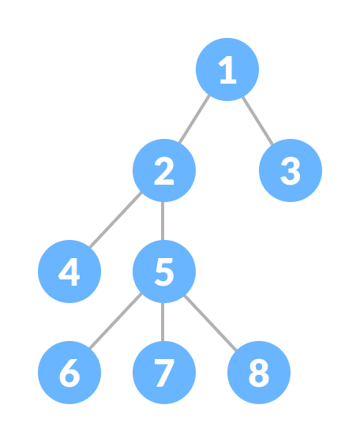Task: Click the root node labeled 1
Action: [227, 69]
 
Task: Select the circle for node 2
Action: [164, 170]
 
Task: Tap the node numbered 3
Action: [291, 170]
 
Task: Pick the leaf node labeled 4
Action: [69, 272]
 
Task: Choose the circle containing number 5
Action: [164, 272]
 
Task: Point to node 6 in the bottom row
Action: [69, 373]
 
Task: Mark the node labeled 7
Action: [164, 373]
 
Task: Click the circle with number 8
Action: [259, 373]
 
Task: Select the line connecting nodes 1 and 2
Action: [195, 120]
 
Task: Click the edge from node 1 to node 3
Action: [258, 120]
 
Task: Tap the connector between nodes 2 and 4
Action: [116, 222]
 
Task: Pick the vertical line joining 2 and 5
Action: [164, 221]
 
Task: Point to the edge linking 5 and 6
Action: [116, 323]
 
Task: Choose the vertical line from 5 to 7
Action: [164, 322]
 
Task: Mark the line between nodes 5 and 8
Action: [212, 322]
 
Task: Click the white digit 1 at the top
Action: [227, 70]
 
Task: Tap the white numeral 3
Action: [291, 171]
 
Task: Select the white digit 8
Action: [259, 373]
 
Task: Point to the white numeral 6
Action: [69, 373]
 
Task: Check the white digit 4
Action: [69, 272]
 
